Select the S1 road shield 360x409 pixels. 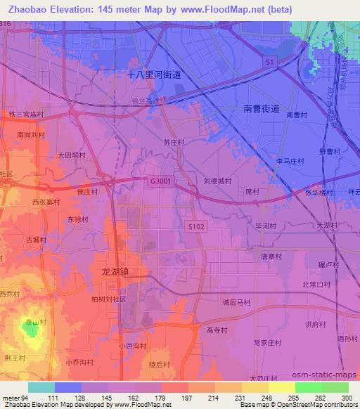tap(269, 63)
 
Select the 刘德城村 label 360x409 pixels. tap(217, 181)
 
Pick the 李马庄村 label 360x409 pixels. tap(290, 161)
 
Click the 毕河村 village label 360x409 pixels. tap(264, 226)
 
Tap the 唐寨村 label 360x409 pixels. tap(271, 257)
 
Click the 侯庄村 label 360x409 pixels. tap(87, 190)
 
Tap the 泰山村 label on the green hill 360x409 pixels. tap(31, 323)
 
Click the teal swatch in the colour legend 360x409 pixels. tap(41, 387)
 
